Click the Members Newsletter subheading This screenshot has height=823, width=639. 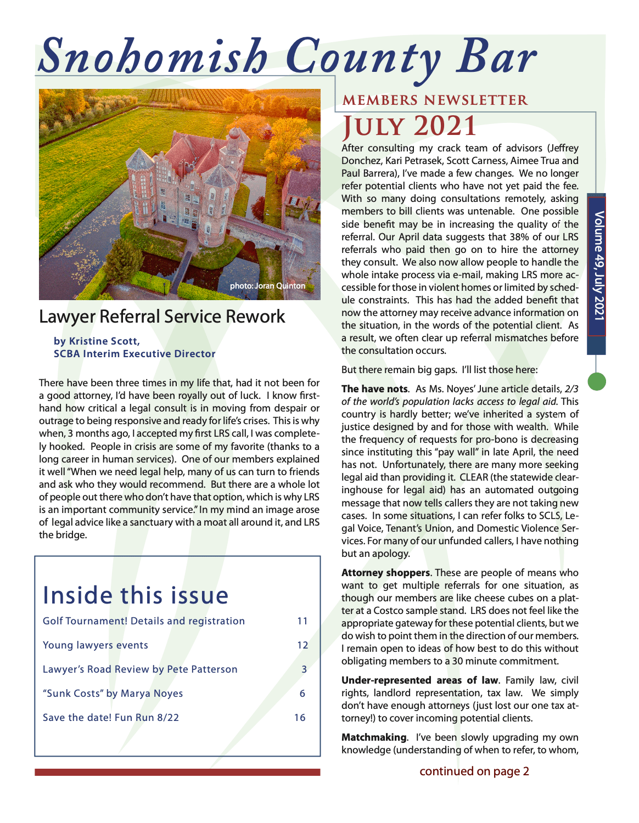pyautogui.click(x=435, y=100)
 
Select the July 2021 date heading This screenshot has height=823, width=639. pyautogui.click(x=410, y=126)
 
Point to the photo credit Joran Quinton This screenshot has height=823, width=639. pyautogui.click(x=267, y=286)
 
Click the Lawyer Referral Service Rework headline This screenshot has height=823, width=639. pyautogui.click(x=162, y=317)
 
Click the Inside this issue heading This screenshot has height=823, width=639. pyautogui.click(x=136, y=595)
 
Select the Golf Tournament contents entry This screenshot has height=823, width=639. pyautogui.click(x=144, y=621)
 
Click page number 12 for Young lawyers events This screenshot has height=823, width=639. pyautogui.click(x=302, y=645)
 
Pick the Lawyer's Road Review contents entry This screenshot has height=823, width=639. pyautogui.click(x=140, y=669)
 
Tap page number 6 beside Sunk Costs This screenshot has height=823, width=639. pyautogui.click(x=302, y=694)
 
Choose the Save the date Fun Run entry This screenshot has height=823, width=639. pyautogui.click(x=111, y=718)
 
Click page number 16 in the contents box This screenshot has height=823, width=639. pyautogui.click(x=300, y=718)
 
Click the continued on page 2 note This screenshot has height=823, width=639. pyautogui.click(x=474, y=771)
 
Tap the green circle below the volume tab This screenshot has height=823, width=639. pyautogui.click(x=597, y=381)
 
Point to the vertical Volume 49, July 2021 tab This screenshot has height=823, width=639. pyautogui.click(x=597, y=266)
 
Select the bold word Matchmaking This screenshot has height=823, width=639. pyautogui.click(x=374, y=737)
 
